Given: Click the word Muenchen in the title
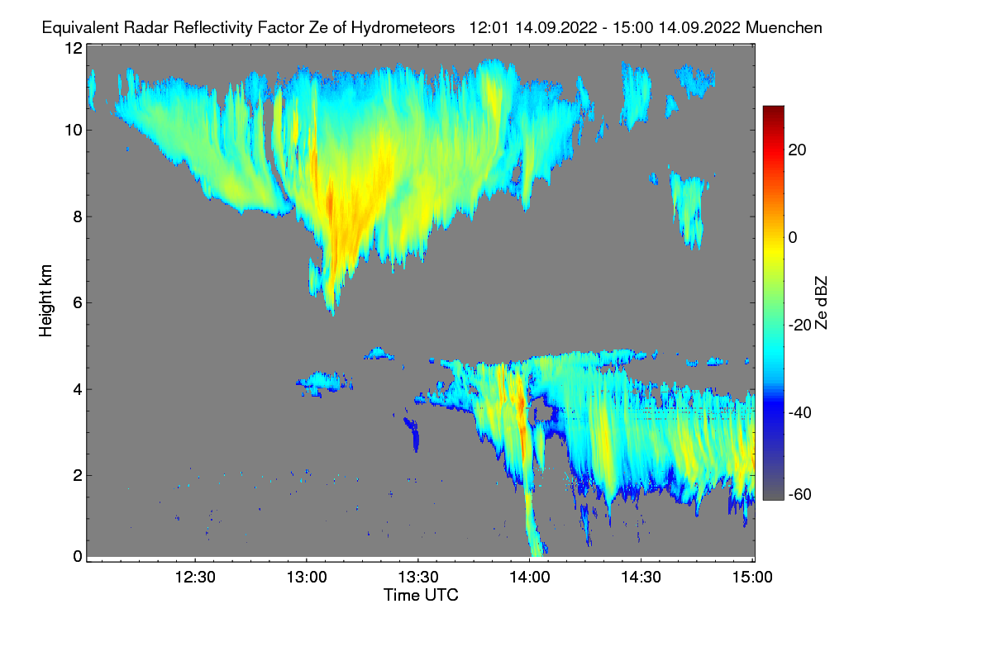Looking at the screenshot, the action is click(x=784, y=28).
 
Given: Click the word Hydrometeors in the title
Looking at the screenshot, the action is click(x=403, y=28).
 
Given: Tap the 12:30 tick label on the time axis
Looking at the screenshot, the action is click(x=195, y=578).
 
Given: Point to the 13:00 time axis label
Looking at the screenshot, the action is click(x=307, y=578).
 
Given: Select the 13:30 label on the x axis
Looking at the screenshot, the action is click(x=418, y=578).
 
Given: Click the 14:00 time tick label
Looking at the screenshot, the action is click(x=530, y=578).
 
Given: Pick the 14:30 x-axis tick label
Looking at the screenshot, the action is click(x=641, y=578).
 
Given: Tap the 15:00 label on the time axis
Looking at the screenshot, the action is click(x=752, y=578).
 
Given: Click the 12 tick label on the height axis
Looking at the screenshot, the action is click(x=74, y=48).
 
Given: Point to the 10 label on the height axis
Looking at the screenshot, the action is click(x=74, y=131).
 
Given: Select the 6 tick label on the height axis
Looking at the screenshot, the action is click(x=78, y=303).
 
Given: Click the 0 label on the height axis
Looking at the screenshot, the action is click(x=78, y=557).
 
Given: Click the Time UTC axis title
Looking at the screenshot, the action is click(x=421, y=595).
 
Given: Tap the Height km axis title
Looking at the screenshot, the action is click(x=45, y=301).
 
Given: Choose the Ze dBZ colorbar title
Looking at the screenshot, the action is click(x=821, y=303).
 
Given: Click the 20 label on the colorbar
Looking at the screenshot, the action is click(x=797, y=150).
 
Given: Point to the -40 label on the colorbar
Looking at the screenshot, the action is click(x=800, y=413).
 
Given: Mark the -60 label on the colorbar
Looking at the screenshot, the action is click(x=800, y=495).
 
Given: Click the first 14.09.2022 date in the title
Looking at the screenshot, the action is click(x=556, y=28).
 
